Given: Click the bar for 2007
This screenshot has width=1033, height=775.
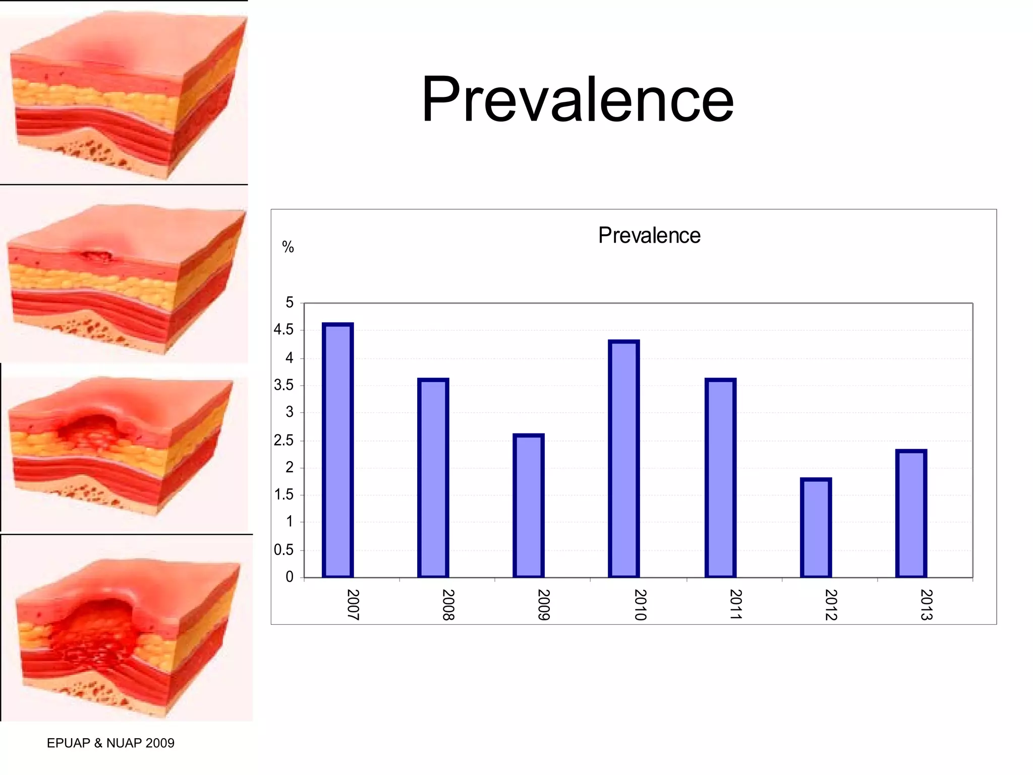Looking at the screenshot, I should [x=337, y=450].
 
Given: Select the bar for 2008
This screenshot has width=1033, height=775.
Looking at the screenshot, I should [x=433, y=478].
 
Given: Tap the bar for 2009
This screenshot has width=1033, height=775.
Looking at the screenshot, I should [x=528, y=506].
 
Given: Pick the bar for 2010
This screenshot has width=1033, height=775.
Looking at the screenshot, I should [x=624, y=459].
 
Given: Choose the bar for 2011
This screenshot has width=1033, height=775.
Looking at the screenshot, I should [x=720, y=478].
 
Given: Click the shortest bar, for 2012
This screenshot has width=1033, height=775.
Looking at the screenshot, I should [x=816, y=528].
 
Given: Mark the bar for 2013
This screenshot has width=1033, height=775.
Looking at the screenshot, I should [x=911, y=514].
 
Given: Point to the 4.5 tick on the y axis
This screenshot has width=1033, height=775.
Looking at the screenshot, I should [x=283, y=330].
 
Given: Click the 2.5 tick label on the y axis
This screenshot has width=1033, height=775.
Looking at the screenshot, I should [x=283, y=440].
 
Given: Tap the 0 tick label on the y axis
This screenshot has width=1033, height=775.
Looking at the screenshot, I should [x=290, y=577].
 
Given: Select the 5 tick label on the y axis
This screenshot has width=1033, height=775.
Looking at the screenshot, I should [x=290, y=303].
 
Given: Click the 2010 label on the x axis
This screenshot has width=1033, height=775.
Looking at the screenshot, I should [x=640, y=604].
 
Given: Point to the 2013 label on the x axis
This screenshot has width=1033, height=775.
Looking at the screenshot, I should [x=926, y=604].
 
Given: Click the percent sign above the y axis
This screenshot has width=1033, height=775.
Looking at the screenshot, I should [x=288, y=247].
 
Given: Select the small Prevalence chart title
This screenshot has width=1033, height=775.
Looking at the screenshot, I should [x=649, y=236].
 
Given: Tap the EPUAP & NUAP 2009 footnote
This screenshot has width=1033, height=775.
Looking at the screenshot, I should [x=110, y=743].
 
